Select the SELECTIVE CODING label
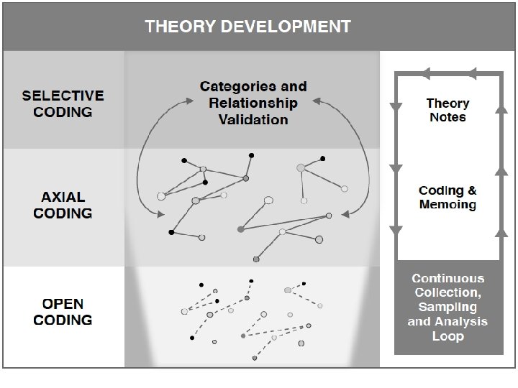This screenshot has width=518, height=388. pyautogui.click(x=63, y=103)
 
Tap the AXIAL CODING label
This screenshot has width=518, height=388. pyautogui.click(x=63, y=205)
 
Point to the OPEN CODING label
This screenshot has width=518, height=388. pyautogui.click(x=63, y=312)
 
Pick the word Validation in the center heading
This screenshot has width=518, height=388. pyautogui.click(x=253, y=119)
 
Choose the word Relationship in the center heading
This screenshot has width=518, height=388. pyautogui.click(x=253, y=103)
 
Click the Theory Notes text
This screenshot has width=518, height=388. pyautogui.click(x=447, y=110)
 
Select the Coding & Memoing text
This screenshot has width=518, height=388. pyautogui.click(x=447, y=198)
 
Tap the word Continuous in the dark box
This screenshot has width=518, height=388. pyautogui.click(x=447, y=278)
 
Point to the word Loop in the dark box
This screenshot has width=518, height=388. pyautogui.click(x=447, y=336)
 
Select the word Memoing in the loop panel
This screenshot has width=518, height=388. pyautogui.click(x=447, y=205)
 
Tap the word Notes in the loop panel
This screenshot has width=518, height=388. pyautogui.click(x=447, y=117)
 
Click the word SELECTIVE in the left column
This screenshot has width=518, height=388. pyautogui.click(x=63, y=96)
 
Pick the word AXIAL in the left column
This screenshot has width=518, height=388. pyautogui.click(x=63, y=197)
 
